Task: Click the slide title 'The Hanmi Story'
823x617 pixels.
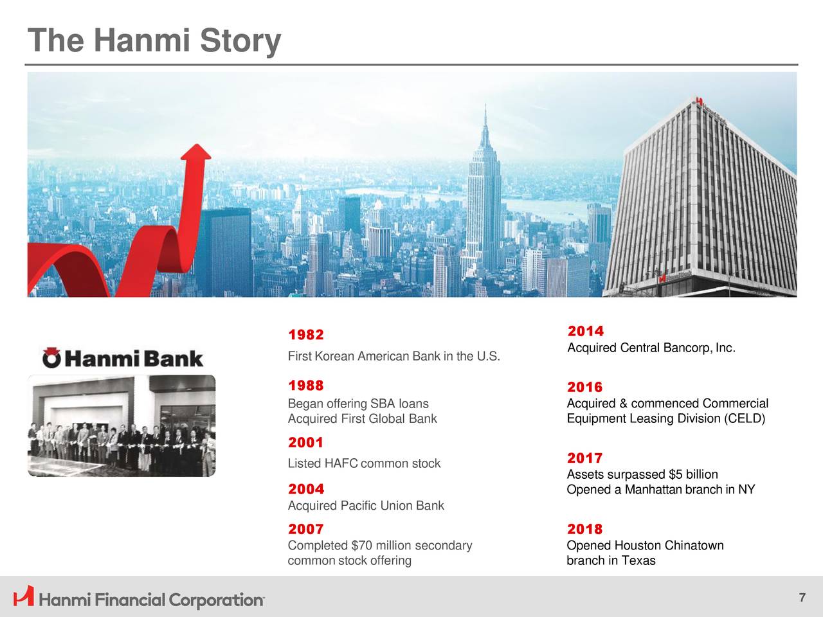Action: [x=154, y=40]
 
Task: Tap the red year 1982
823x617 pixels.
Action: [x=305, y=335]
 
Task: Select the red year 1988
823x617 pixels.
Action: [x=305, y=386]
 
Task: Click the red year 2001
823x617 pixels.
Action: [x=305, y=442]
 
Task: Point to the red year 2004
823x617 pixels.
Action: [x=305, y=489]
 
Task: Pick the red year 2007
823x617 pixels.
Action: [x=305, y=530]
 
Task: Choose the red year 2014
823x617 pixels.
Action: [x=585, y=332]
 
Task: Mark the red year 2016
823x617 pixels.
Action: [x=584, y=388]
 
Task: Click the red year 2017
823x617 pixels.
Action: [x=584, y=458]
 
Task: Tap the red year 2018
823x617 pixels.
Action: [x=584, y=530]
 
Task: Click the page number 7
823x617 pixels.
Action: [x=802, y=598]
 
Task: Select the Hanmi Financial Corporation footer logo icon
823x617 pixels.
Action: [x=24, y=596]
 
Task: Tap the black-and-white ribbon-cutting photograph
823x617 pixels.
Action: [x=122, y=425]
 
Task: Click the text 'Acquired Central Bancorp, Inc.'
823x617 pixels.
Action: [x=651, y=348]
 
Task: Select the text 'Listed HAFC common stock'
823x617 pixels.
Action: [x=364, y=463]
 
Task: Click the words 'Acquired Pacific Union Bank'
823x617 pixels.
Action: [x=366, y=506]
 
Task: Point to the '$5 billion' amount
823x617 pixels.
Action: [x=693, y=475]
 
